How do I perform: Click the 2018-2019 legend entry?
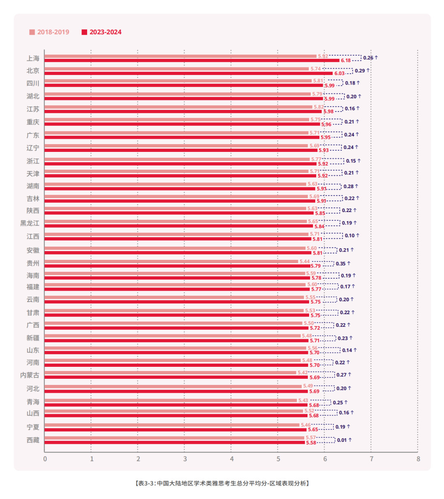click(x=49, y=32)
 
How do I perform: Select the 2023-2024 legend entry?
click(x=102, y=32)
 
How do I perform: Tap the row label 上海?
click(x=33, y=58)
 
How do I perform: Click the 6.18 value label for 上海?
click(x=346, y=61)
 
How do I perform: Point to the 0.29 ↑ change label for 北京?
click(x=362, y=71)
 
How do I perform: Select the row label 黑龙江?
click(x=30, y=223)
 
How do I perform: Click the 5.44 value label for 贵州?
click(x=305, y=261)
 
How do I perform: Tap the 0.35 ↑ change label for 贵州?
click(x=343, y=263)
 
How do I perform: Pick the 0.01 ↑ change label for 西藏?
click(x=344, y=440)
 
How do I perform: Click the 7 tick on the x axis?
click(x=371, y=459)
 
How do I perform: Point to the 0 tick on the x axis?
click(x=45, y=459)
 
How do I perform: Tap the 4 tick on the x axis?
click(x=231, y=459)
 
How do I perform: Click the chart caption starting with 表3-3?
click(x=222, y=483)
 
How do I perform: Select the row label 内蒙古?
click(x=30, y=375)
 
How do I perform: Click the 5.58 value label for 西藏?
click(x=311, y=443)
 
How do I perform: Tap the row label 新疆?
click(x=33, y=338)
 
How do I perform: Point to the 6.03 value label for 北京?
click(x=339, y=73)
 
